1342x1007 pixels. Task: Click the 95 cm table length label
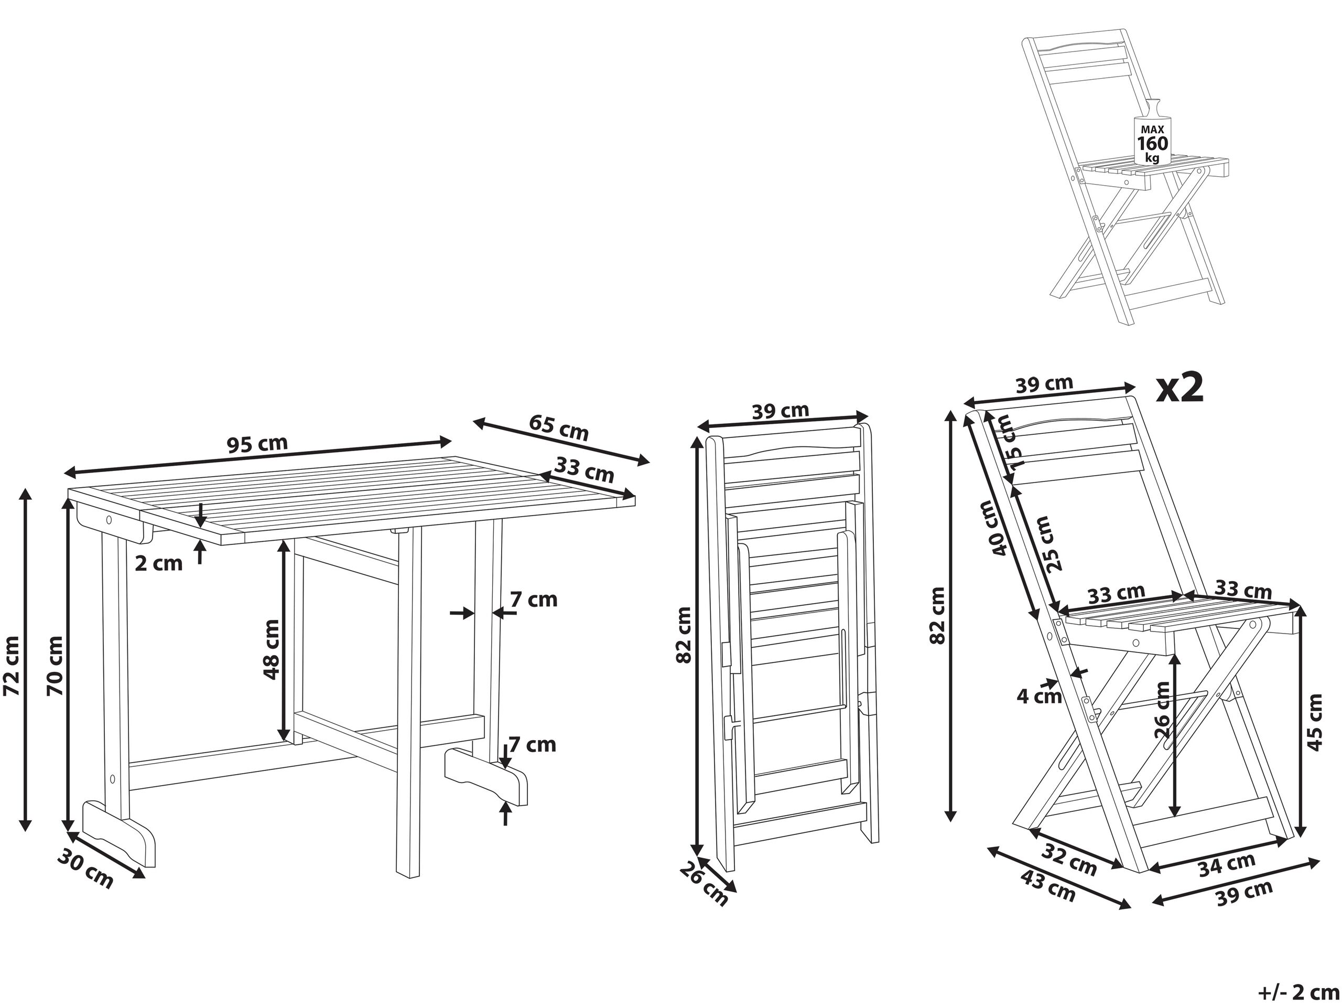point(257,445)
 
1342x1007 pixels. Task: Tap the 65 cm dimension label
point(559,427)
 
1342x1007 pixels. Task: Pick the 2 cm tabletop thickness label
point(158,563)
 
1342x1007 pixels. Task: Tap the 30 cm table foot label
point(85,872)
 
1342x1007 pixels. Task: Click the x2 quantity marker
point(1179,388)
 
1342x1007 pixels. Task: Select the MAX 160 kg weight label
point(1152,144)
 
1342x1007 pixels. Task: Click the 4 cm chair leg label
point(1038,696)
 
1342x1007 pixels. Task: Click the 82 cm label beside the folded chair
point(684,634)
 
